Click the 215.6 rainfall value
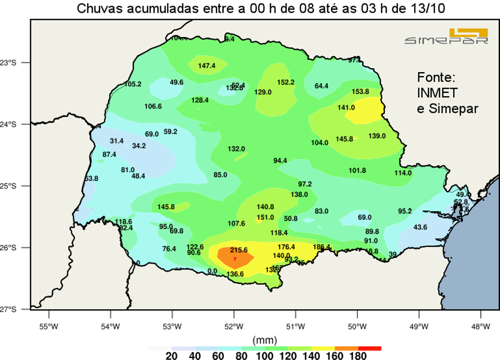coord(239,250)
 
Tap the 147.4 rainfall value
coord(207,66)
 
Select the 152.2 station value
coord(286,82)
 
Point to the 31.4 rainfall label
coord(116,141)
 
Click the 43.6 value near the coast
coord(420,227)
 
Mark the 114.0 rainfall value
coord(403,173)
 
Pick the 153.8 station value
coord(360,92)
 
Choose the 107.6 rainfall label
coord(236,224)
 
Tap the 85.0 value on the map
coord(220,175)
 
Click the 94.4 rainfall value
coord(280,161)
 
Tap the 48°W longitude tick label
coord(481,326)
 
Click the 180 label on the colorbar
coord(358,356)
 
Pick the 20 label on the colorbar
coord(171,356)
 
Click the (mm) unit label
coord(265,340)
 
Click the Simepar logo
coord(446,37)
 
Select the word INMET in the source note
coord(437,93)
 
